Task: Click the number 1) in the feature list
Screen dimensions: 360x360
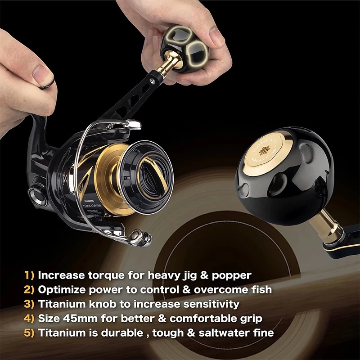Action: click(x=29, y=275)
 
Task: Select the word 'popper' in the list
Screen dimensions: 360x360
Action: click(x=231, y=275)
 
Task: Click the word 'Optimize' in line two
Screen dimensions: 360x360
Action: click(x=60, y=290)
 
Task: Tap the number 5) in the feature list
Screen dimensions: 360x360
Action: click(x=30, y=333)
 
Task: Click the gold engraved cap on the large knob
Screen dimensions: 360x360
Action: click(x=270, y=149)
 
